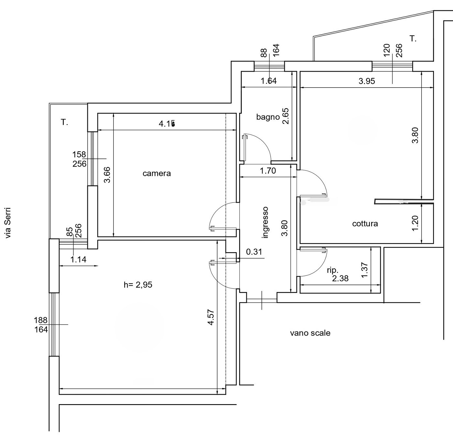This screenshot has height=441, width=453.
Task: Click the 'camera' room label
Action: (157, 174)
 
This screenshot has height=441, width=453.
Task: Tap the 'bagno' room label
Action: (268, 117)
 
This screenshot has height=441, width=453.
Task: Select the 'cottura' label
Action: (365, 224)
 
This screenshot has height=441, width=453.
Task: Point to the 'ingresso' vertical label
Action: (265, 222)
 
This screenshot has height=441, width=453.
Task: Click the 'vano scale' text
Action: (310, 333)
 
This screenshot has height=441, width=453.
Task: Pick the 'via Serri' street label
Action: (8, 223)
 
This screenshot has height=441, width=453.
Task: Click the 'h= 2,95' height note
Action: (138, 285)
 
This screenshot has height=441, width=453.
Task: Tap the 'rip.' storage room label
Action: (333, 270)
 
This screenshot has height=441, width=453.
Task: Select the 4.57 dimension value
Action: (211, 317)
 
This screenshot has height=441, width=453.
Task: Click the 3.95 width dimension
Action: (367, 81)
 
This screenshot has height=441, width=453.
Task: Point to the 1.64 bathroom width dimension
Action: (269, 81)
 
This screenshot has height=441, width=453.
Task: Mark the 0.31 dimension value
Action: (254, 252)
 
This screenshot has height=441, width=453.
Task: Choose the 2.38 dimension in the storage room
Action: (340, 278)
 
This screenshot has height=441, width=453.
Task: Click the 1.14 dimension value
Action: (78, 259)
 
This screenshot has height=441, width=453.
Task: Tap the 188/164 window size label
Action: (41, 325)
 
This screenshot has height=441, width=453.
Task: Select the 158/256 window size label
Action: (79, 159)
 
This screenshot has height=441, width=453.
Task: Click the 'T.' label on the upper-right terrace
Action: (413, 39)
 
